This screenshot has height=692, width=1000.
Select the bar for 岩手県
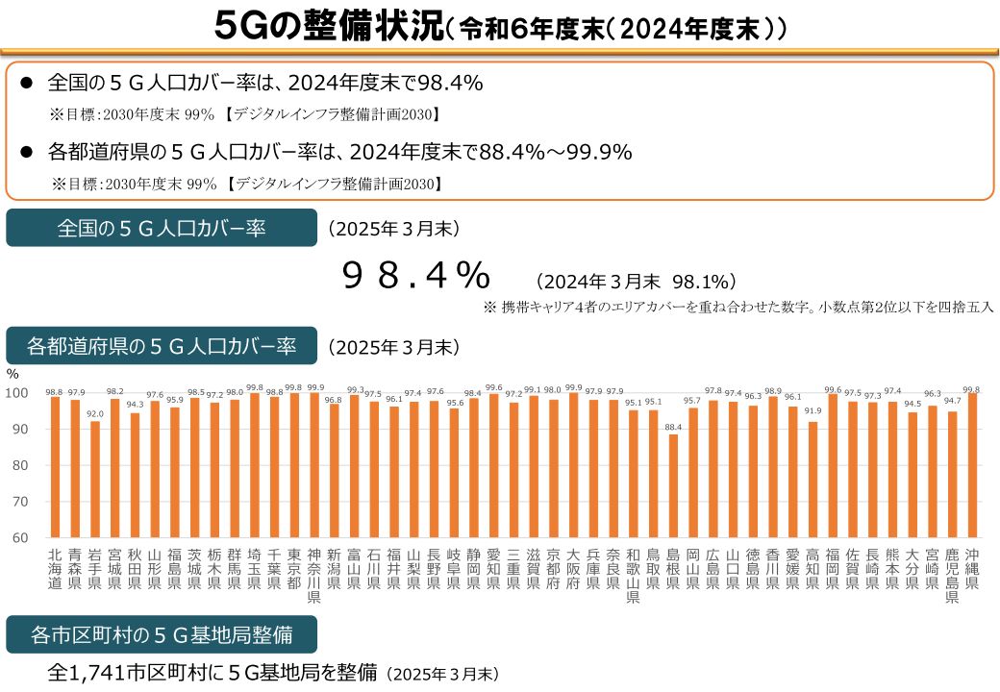point(94,480)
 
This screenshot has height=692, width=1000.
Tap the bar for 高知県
point(813,480)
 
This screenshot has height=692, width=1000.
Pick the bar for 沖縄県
point(973,465)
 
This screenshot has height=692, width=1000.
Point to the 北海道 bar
point(54,467)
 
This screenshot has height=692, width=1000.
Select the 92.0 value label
point(94,414)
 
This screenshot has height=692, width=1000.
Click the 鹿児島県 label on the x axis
point(953,575)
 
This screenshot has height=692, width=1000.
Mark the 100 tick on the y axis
point(17,393)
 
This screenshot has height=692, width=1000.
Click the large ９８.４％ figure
point(416,277)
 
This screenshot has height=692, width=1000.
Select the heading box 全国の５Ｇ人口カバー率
point(162,228)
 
